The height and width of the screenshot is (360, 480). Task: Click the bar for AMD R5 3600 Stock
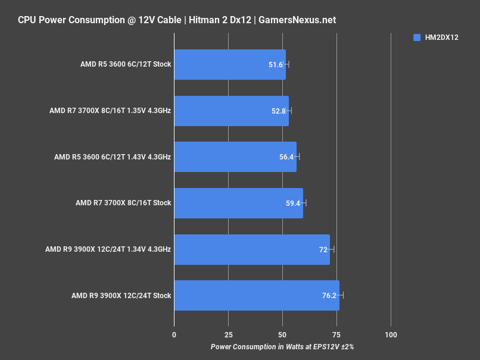coord(229,64)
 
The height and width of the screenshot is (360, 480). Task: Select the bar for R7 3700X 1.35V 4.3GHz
coord(231,111)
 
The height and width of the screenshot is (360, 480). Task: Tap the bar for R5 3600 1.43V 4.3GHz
coord(235,157)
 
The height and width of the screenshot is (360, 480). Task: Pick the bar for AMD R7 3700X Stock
coord(238,203)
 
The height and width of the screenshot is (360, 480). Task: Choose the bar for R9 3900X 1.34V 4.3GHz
coord(251,249)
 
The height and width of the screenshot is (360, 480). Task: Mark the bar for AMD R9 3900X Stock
coord(256,296)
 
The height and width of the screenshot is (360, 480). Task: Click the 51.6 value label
coord(276,64)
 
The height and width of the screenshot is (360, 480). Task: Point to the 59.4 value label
coord(293,203)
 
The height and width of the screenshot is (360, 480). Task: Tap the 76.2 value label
coord(329,296)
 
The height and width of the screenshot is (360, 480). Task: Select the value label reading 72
coord(323,249)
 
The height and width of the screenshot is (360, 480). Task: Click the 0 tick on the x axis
coord(174,335)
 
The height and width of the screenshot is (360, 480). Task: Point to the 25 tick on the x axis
coord(228,335)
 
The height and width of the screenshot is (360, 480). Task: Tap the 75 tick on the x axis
coord(336,335)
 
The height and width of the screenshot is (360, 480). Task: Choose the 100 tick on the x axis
coord(391,335)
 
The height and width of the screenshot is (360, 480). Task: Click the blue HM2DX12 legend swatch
coord(417,37)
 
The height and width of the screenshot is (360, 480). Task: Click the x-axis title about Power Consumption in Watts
coord(282,346)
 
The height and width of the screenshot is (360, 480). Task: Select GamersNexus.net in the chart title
coord(297,20)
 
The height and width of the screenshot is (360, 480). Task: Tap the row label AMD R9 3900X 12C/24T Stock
coord(121,296)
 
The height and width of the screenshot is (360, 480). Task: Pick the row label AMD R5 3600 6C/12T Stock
coord(126,64)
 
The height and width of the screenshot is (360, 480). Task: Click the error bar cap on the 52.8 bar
coord(291,111)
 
